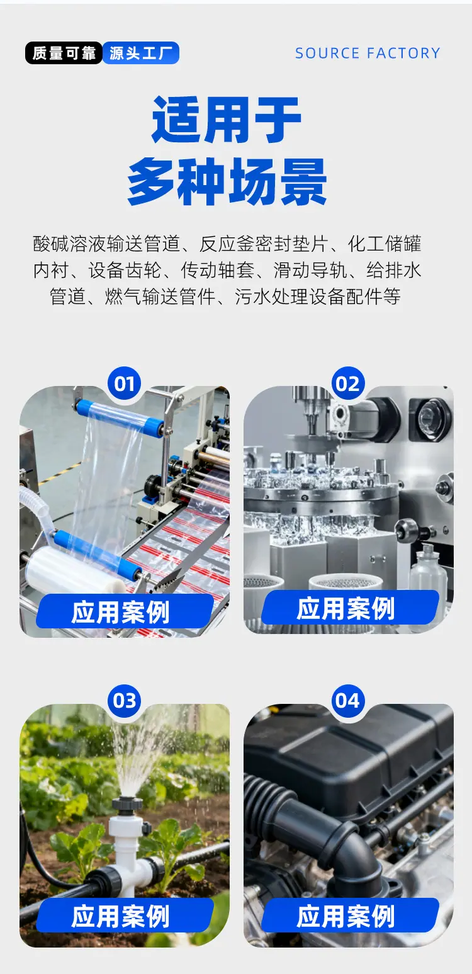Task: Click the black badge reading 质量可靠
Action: pos(64,54)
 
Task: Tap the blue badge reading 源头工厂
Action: pos(141,54)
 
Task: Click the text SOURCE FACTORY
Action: pos(368,54)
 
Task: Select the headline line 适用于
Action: pos(227,120)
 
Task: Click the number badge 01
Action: pos(125,383)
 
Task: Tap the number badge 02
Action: pos(348,383)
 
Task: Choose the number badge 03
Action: pos(125,701)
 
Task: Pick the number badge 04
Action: pos(348,701)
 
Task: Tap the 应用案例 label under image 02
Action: pos(346,609)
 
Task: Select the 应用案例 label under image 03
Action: pos(121,916)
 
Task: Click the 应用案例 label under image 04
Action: pos(346,916)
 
